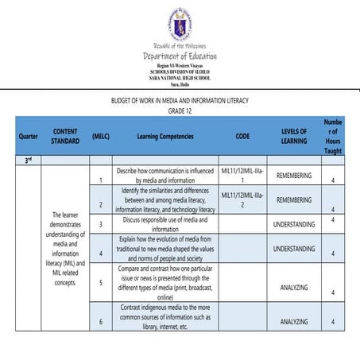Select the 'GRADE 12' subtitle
coord(180,111)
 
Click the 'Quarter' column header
coord(27,136)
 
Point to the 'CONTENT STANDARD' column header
coord(65,136)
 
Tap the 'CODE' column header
coord(242,136)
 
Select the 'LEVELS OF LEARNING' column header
coord(293,136)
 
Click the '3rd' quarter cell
coord(27,160)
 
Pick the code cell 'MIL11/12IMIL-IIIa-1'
coord(242,175)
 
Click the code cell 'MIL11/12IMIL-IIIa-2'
coord(242,199)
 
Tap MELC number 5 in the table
coord(101,282)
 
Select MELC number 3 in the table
coord(101,225)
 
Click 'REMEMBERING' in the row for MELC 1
coord(293,175)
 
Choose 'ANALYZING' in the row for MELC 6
coord(293,321)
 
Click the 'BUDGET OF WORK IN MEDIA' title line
coord(180,102)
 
